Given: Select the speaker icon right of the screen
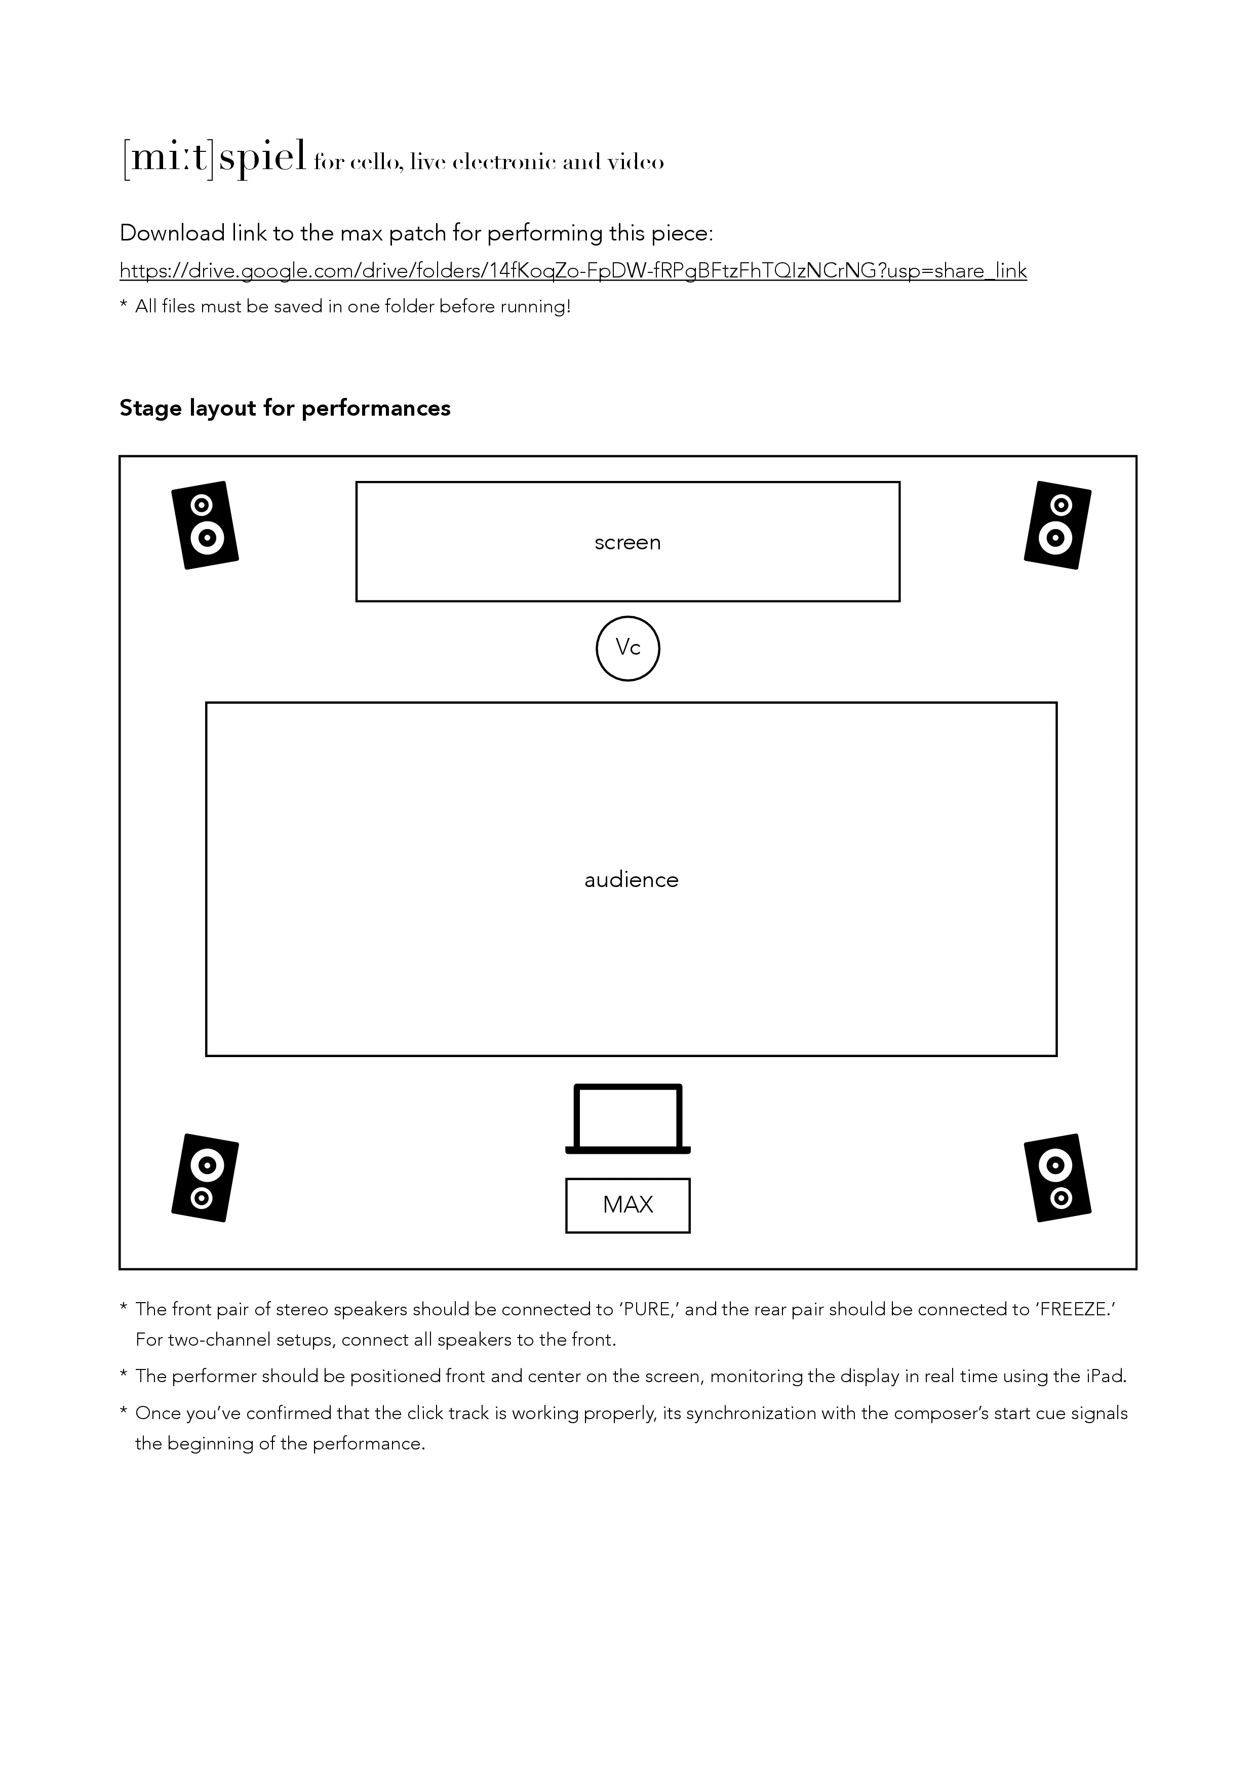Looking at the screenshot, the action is [x=1057, y=525].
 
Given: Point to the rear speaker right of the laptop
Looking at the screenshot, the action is [x=1057, y=1177].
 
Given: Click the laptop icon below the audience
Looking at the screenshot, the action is [x=627, y=1118].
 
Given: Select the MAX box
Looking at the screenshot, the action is [x=627, y=1205].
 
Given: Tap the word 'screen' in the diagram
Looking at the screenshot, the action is [x=627, y=542].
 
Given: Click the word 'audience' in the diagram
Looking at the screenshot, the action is [x=632, y=879].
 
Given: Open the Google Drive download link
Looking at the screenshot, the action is [x=573, y=271].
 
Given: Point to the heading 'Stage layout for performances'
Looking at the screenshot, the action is [x=285, y=409].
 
